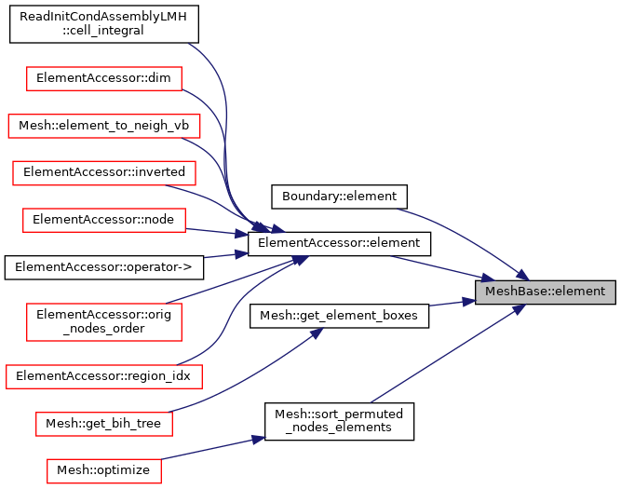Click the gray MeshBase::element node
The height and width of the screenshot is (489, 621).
[x=545, y=292]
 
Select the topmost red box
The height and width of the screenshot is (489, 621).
[x=104, y=78]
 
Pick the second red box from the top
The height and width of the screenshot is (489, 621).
[x=104, y=126]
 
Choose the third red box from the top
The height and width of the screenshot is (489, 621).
[x=104, y=173]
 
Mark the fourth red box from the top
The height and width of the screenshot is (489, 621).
[x=104, y=220]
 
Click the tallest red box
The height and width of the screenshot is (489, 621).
[x=104, y=322]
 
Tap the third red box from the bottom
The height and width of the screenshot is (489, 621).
[x=104, y=376]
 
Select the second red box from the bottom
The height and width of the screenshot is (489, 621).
[x=104, y=424]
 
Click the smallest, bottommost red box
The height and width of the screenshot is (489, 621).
[x=104, y=470]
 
